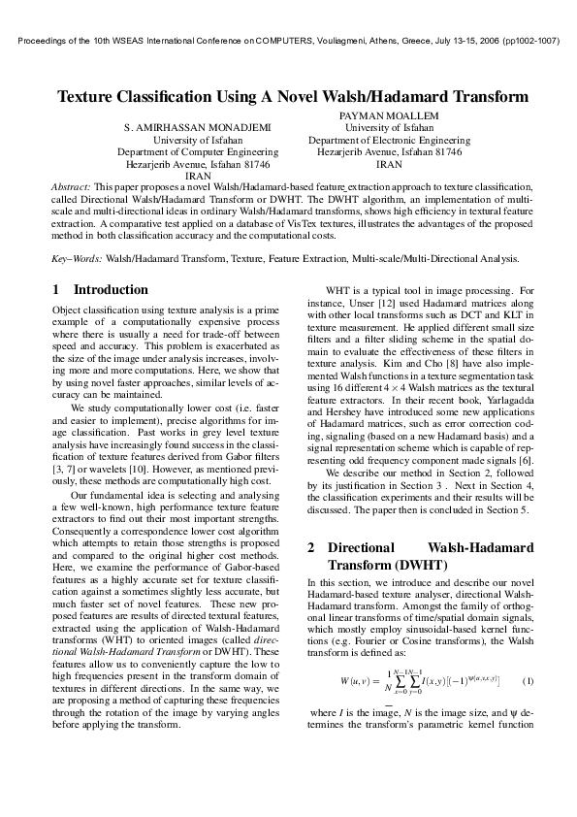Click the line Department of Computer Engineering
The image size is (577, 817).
pyautogui.click(x=198, y=152)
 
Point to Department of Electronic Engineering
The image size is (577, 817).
pyautogui.click(x=389, y=141)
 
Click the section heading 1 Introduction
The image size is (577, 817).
pyautogui.click(x=100, y=290)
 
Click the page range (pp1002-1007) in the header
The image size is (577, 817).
pyautogui.click(x=530, y=42)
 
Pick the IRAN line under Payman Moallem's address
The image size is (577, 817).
pyautogui.click(x=389, y=165)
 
